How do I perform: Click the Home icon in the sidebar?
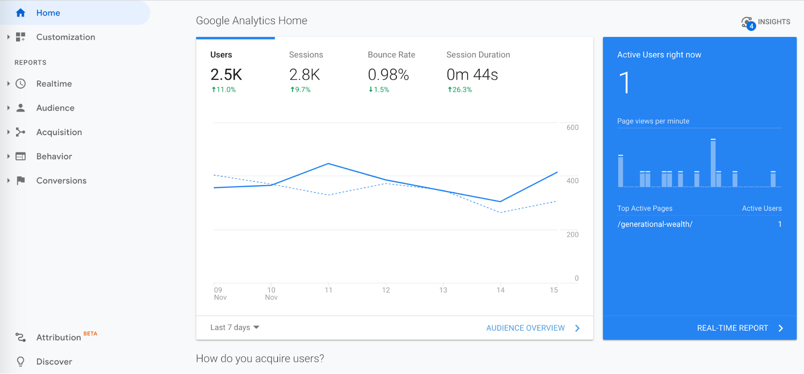click(x=21, y=13)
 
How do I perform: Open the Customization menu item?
click(x=66, y=37)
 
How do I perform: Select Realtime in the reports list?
click(x=54, y=84)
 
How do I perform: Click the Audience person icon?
click(x=21, y=108)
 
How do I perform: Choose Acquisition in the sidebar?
click(x=59, y=132)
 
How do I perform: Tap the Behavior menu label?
click(x=54, y=156)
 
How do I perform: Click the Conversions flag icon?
click(x=21, y=181)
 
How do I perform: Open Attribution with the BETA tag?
click(x=59, y=337)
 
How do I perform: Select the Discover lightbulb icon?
click(x=21, y=362)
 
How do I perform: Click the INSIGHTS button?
click(x=766, y=22)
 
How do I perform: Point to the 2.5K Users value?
click(x=226, y=75)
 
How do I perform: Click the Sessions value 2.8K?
click(x=304, y=75)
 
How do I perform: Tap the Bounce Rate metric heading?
click(x=391, y=55)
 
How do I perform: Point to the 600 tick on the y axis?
click(x=572, y=127)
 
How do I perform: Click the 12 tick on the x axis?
click(x=386, y=290)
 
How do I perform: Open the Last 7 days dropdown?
click(x=234, y=327)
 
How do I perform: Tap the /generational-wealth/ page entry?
click(x=655, y=224)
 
